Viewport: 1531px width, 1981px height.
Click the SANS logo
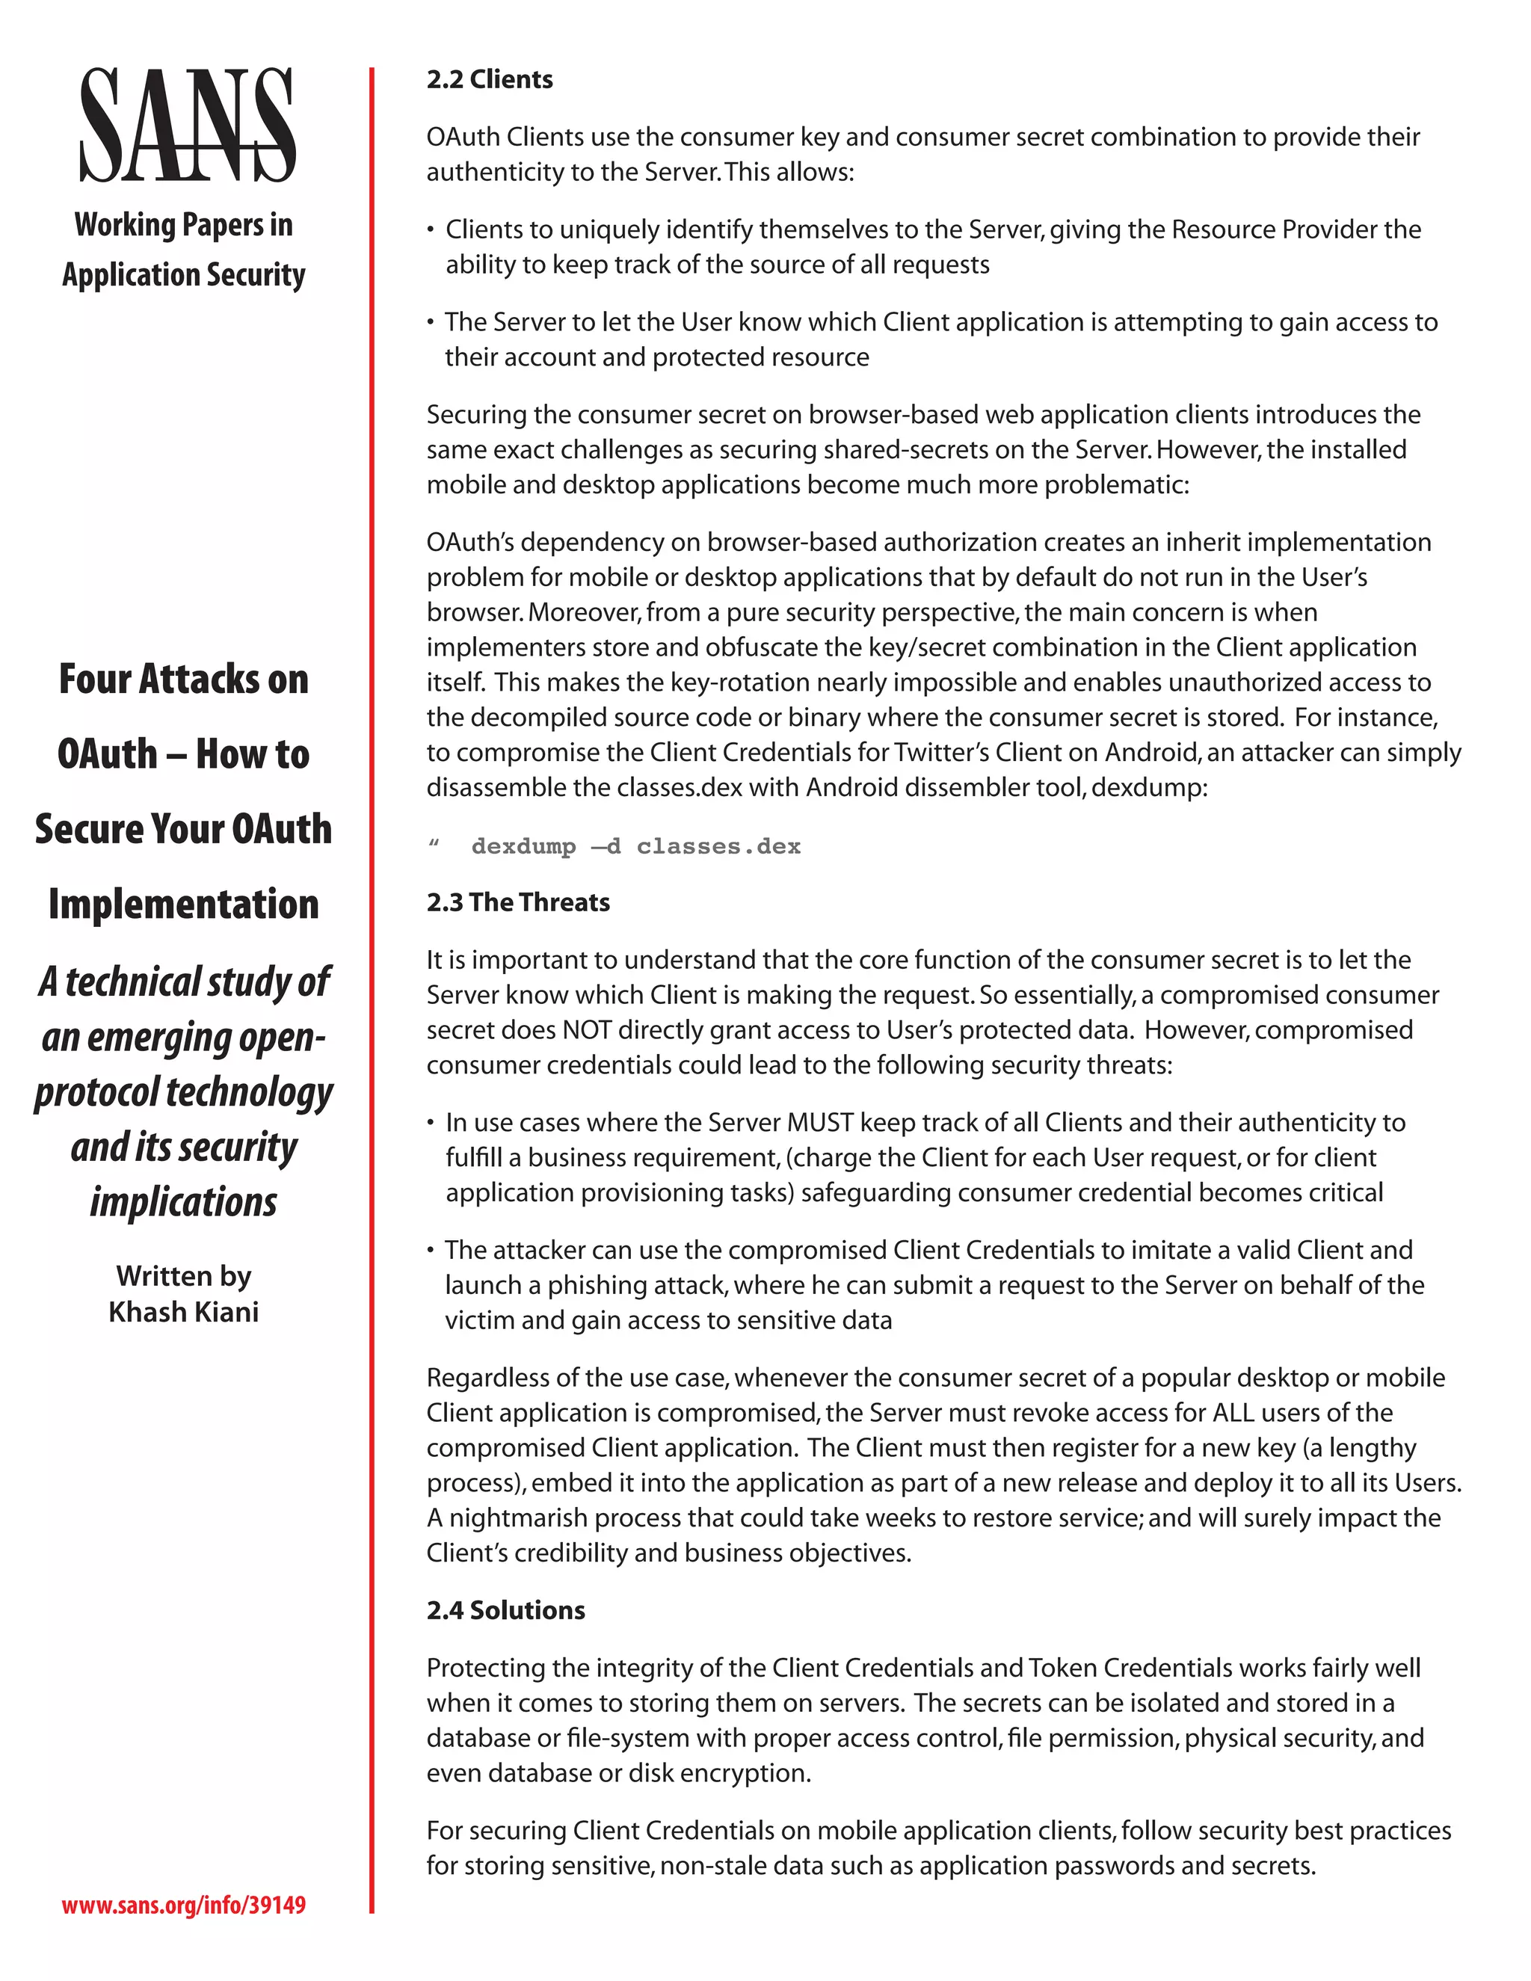[187, 125]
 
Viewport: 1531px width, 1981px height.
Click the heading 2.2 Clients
[490, 80]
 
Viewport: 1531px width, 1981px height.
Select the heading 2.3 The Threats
[518, 902]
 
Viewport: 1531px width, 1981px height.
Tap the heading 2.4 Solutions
[505, 1610]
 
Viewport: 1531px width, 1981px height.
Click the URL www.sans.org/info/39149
[183, 1904]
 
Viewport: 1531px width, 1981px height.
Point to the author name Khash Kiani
[183, 1312]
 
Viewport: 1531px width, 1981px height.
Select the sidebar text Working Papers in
[183, 224]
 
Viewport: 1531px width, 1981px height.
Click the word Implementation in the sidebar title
[183, 904]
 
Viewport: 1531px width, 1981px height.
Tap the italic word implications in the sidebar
[183, 1202]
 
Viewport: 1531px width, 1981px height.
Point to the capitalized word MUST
[820, 1123]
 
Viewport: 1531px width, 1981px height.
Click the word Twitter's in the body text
[940, 753]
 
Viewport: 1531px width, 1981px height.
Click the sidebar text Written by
[183, 1275]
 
